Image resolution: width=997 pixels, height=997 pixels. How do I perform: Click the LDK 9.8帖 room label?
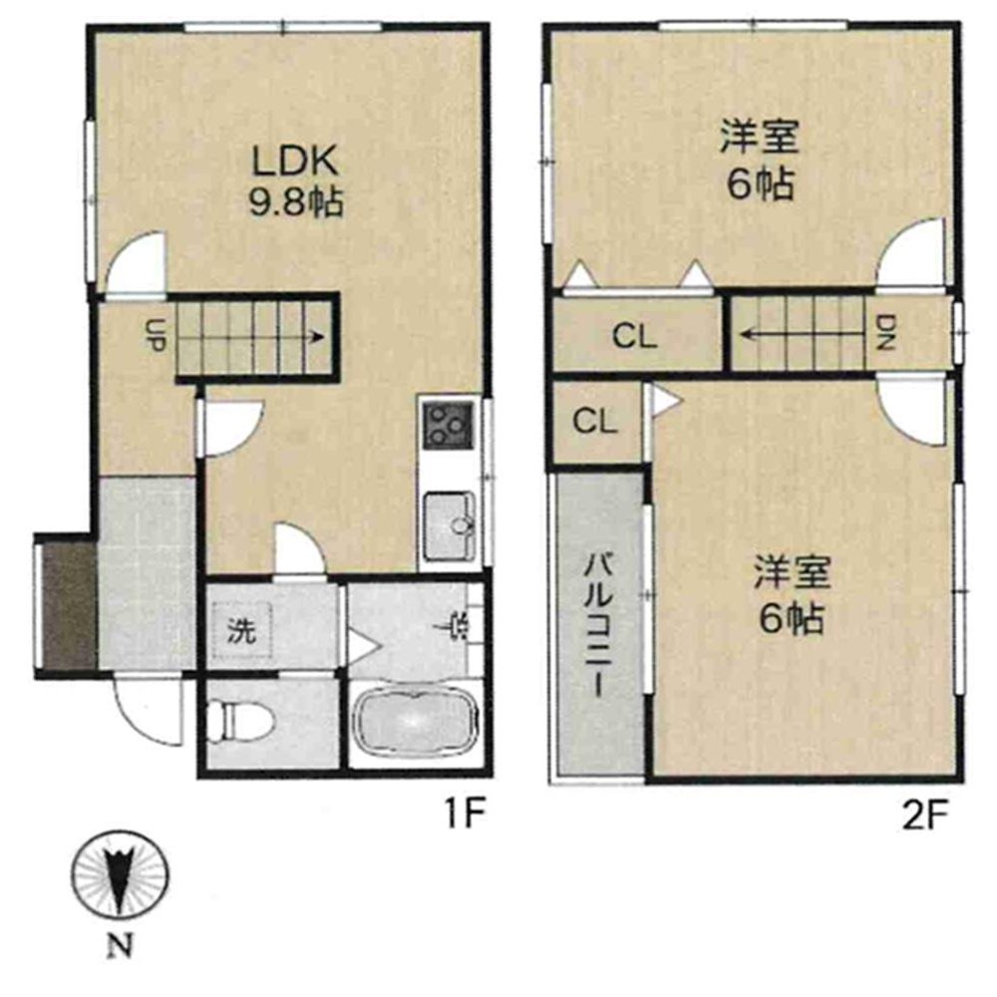click(296, 181)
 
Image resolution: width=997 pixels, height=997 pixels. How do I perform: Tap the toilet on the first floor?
click(242, 722)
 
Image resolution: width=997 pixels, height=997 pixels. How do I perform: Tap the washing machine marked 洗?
click(241, 630)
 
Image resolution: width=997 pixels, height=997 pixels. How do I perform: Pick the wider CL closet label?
click(634, 336)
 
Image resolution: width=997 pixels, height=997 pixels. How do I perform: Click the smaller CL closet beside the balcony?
click(594, 421)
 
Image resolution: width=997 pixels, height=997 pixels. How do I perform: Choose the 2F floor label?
click(925, 815)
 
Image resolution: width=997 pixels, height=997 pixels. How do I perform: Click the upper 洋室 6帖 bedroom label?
click(759, 160)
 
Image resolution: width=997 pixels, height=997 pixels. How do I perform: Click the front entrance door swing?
click(149, 712)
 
